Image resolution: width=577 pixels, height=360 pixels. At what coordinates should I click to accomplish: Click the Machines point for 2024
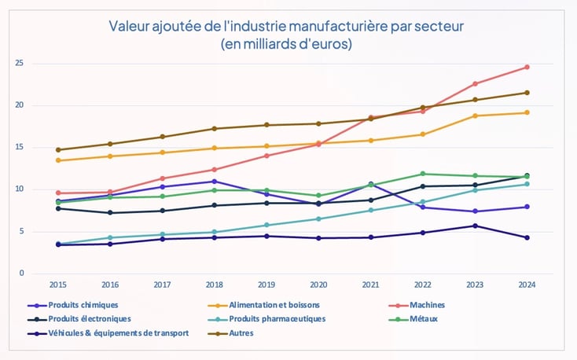[x=527, y=67]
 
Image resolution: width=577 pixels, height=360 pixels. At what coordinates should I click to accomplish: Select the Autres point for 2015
[x=57, y=149]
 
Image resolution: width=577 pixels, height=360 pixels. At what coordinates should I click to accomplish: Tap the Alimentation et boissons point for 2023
[x=475, y=116]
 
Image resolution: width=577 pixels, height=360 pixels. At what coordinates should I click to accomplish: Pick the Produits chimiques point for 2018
[x=214, y=182]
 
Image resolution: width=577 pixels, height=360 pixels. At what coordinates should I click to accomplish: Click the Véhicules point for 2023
[x=475, y=226]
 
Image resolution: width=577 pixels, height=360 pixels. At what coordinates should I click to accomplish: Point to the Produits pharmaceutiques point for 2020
[x=318, y=219]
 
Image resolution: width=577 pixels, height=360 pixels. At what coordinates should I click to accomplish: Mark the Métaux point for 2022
[x=423, y=174]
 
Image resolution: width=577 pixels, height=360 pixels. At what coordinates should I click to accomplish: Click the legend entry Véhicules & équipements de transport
[x=118, y=333]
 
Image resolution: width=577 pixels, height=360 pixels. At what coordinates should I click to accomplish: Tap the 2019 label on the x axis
[x=266, y=285]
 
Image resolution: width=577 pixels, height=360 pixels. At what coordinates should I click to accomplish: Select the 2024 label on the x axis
[x=527, y=285]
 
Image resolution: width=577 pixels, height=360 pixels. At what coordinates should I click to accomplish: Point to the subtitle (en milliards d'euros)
[x=287, y=44]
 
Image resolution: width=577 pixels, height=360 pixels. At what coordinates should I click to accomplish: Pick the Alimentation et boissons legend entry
[x=274, y=305]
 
